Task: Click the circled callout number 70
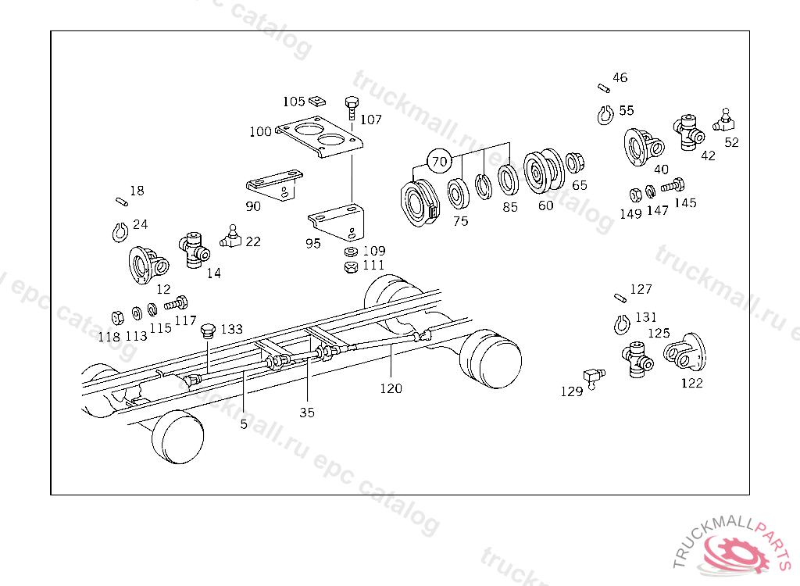pos(440,162)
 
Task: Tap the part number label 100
pos(260,131)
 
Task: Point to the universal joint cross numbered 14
pos(195,248)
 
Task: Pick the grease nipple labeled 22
pos(231,236)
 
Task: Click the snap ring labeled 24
pos(117,231)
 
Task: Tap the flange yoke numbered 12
pos(146,264)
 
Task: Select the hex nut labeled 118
pos(116,317)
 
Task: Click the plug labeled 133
pos(208,331)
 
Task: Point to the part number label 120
pos(391,388)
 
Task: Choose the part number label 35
pos(307,412)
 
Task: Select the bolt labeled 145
pos(671,187)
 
